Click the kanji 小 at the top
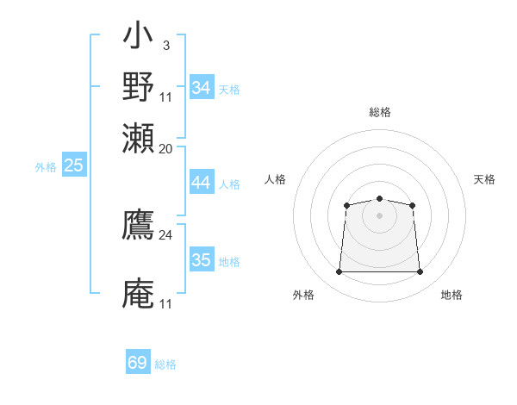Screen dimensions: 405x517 click(x=138, y=39)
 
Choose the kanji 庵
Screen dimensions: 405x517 click(x=138, y=293)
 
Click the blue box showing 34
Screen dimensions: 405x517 click(x=202, y=88)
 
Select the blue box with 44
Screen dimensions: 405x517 click(x=202, y=183)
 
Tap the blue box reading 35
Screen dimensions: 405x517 click(x=202, y=260)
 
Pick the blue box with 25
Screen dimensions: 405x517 click(x=74, y=166)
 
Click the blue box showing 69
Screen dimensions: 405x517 click(x=138, y=363)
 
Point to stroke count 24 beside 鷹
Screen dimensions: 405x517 click(x=166, y=234)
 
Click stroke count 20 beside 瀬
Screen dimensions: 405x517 click(x=166, y=147)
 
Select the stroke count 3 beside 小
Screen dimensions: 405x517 click(x=165, y=45)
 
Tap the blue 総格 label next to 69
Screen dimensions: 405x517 click(x=165, y=364)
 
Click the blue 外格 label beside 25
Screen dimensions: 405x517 click(x=46, y=167)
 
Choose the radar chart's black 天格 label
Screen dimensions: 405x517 click(x=484, y=179)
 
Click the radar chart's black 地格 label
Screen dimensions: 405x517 click(x=452, y=295)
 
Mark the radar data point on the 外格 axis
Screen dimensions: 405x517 click(x=339, y=272)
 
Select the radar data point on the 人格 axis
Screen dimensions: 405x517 click(x=346, y=205)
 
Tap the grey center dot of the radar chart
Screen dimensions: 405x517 click(x=379, y=215)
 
